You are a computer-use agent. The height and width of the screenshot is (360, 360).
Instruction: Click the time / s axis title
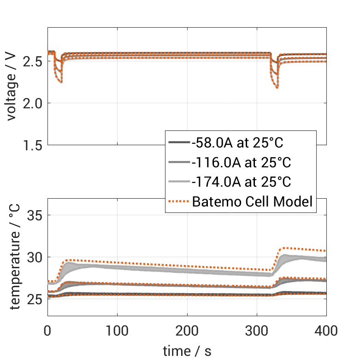pyautogui.click(x=187, y=351)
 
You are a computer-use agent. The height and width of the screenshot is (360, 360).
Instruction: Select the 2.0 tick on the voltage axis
pyautogui.click(x=33, y=103)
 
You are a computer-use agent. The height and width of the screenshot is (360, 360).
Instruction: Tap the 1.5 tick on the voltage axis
pyautogui.click(x=33, y=145)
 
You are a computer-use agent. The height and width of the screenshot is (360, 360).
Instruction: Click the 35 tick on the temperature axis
pyautogui.click(x=35, y=215)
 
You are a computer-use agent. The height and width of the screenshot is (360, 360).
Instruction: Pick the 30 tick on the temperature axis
pyautogui.click(x=35, y=257)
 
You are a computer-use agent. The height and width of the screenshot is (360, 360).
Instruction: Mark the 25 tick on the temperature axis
pyautogui.click(x=35, y=299)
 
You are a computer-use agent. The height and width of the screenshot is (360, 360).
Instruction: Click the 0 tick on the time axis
pyautogui.click(x=47, y=330)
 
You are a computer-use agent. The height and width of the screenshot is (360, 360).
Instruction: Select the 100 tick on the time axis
pyautogui.click(x=117, y=330)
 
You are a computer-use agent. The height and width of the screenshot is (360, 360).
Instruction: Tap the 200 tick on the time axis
pyautogui.click(x=187, y=330)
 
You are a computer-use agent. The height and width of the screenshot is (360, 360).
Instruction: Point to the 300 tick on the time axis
pyautogui.click(x=257, y=330)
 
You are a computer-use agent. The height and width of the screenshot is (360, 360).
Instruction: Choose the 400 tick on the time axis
pyautogui.click(x=326, y=330)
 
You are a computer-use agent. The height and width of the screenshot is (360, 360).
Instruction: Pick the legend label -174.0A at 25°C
pyautogui.click(x=241, y=182)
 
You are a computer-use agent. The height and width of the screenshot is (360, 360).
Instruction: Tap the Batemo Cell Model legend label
pyautogui.click(x=253, y=202)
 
